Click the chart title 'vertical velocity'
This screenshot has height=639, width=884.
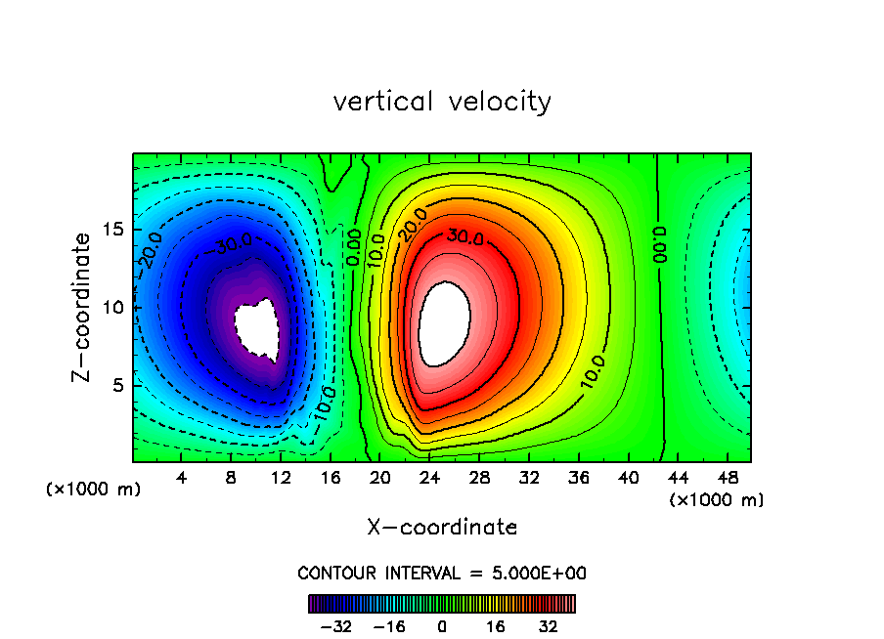click(442, 102)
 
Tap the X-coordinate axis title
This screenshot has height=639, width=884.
click(442, 528)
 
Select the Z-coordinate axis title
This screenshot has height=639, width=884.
click(85, 307)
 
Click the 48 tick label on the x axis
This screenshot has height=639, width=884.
click(726, 478)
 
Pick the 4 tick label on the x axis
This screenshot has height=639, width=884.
click(181, 478)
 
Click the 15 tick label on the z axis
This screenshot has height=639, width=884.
click(112, 230)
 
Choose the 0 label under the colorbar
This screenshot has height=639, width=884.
click(442, 626)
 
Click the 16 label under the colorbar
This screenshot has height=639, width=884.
click(496, 626)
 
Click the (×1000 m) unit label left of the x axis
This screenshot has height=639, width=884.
click(94, 490)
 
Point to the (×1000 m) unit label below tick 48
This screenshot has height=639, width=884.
click(716, 500)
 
